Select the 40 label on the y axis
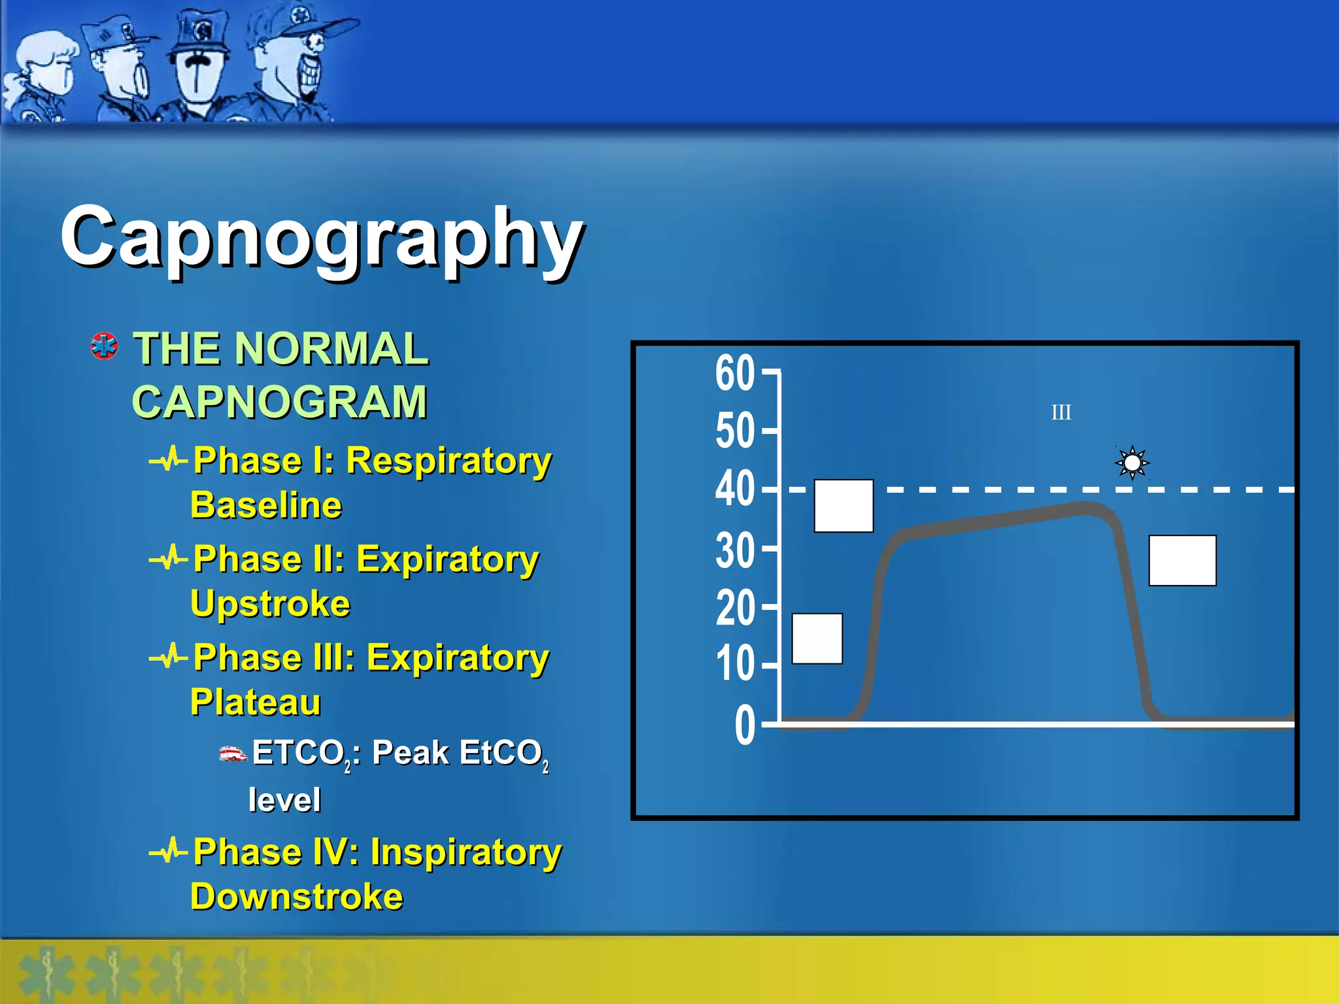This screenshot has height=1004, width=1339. point(735,489)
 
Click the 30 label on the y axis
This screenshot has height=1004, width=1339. point(735,550)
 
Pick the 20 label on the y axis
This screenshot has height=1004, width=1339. point(735,608)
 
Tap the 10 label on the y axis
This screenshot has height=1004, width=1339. point(735,664)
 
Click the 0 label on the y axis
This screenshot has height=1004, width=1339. point(745,725)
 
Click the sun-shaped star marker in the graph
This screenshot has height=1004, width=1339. point(1132,463)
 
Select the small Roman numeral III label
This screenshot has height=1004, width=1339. point(1060,412)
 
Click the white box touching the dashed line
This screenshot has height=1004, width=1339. point(843,506)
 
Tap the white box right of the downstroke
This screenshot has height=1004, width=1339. point(1182,561)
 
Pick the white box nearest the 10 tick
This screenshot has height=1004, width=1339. point(817,639)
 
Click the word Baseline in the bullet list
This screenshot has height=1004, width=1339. point(266,505)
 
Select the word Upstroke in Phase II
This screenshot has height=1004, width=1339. point(270,603)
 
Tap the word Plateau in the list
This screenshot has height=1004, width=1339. point(256,702)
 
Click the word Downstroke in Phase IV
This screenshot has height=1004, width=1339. point(297,896)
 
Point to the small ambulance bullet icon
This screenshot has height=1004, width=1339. point(233,754)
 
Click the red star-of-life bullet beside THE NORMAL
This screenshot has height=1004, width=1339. point(105,346)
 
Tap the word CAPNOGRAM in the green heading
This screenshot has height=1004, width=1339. point(280,401)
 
